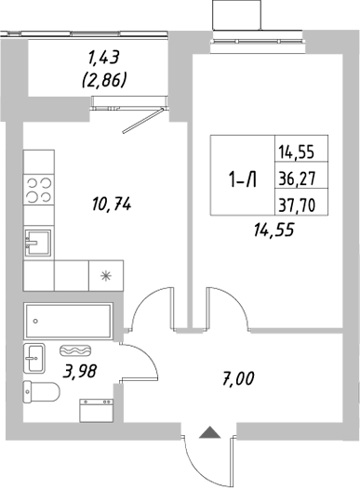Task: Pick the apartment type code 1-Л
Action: (240, 181)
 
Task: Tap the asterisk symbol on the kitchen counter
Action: (104, 275)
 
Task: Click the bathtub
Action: (68, 321)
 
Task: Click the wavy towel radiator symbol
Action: (74, 350)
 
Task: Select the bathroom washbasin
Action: (34, 355)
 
